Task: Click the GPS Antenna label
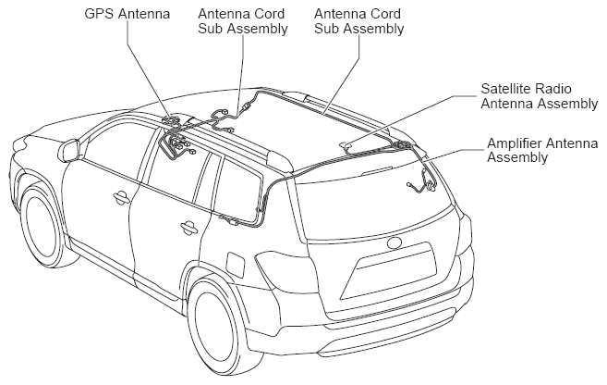[127, 14]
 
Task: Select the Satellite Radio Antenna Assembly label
[540, 96]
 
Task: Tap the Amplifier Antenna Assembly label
[542, 151]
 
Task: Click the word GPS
[100, 14]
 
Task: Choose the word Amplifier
[511, 143]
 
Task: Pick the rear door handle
[188, 228]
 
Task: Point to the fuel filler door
[236, 265]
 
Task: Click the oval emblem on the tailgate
[395, 242]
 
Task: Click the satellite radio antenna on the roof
[346, 146]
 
